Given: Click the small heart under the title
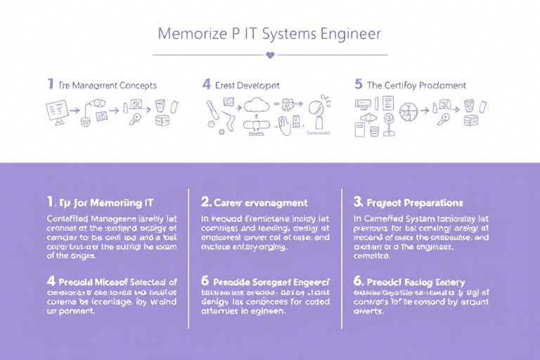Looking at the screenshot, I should (x=269, y=54).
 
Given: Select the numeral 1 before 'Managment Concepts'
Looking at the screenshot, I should (x=50, y=84).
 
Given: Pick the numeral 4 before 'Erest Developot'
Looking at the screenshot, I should (x=206, y=84).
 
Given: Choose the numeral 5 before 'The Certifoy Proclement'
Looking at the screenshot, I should (x=359, y=84).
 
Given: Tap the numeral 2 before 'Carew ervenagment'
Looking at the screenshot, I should (x=206, y=202).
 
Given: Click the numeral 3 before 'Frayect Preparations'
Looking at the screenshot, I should (x=358, y=202).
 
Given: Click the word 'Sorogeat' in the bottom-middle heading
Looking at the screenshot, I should (x=270, y=282).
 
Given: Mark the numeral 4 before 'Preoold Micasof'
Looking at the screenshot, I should (x=50, y=281).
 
